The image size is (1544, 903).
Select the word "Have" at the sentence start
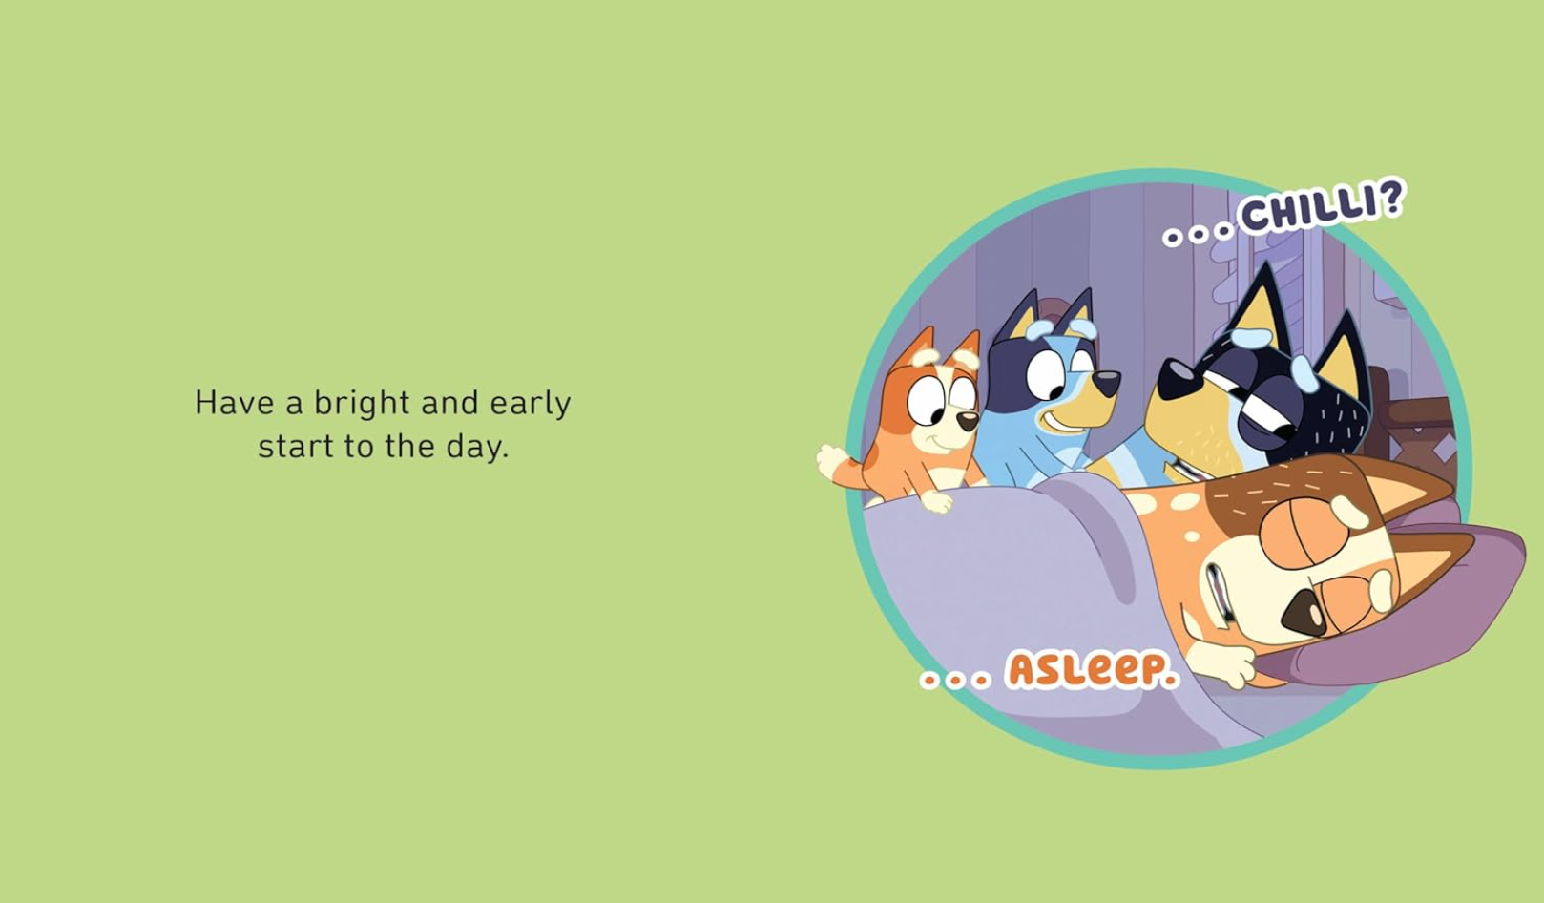[x=235, y=403]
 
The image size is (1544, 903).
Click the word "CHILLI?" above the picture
[x=1321, y=208]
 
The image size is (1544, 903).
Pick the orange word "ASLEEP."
[x=1092, y=671]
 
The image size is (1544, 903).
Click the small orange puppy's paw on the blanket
[x=937, y=500]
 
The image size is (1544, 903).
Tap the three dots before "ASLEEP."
[x=955, y=681]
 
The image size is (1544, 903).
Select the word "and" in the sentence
[x=450, y=403]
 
